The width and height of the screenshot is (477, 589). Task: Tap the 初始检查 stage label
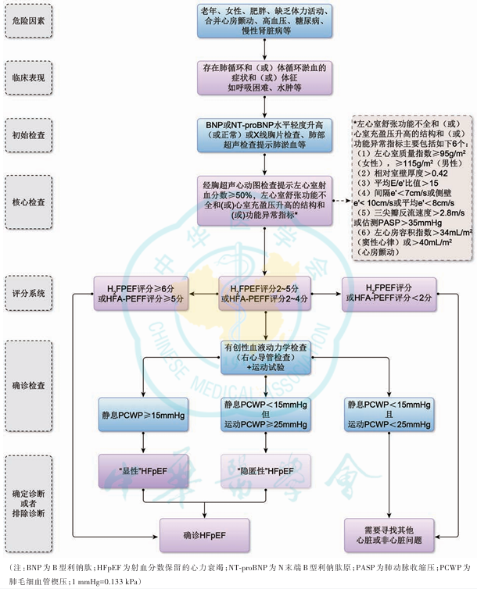click(31, 134)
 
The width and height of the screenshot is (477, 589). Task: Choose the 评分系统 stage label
click(31, 294)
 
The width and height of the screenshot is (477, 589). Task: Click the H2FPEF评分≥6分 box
click(142, 294)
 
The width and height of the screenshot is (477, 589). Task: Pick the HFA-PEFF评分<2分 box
click(388, 294)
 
